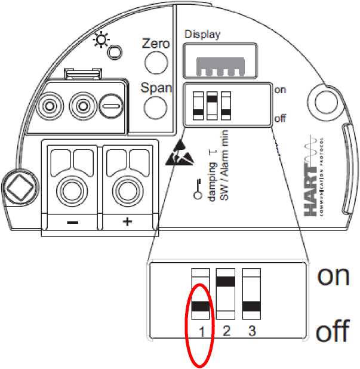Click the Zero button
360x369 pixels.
pyautogui.click(x=155, y=61)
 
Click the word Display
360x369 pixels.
pyautogui.click(x=202, y=34)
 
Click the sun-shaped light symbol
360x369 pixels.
pyautogui.click(x=102, y=40)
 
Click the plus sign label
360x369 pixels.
pyautogui.click(x=127, y=222)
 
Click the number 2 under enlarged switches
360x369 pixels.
pyautogui.click(x=226, y=330)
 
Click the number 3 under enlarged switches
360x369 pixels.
pyautogui.click(x=251, y=330)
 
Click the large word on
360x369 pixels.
pyautogui.click(x=333, y=275)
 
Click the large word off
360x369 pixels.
pyautogui.click(x=332, y=331)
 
